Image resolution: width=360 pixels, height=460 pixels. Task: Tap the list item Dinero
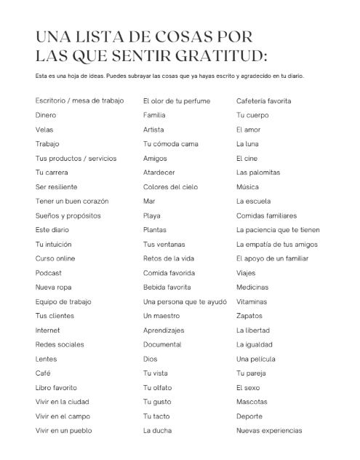[46, 115]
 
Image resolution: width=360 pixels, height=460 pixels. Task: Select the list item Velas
[44, 130]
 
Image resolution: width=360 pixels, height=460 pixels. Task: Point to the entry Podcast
[48, 273]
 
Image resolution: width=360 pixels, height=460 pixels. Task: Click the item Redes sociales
[60, 344]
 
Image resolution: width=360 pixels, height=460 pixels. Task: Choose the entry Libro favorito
[56, 387]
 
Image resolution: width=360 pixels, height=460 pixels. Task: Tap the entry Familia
[154, 115]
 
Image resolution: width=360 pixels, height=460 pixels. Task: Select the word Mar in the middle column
[149, 201]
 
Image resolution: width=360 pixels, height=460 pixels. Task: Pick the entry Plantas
[155, 230]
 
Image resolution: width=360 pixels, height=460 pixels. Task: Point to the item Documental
[162, 344]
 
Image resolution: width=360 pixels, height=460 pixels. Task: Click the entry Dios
[150, 359]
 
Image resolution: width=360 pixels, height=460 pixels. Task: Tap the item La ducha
[157, 431]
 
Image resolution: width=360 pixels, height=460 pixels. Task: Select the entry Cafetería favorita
[264, 100]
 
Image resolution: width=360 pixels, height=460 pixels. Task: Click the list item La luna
[247, 144]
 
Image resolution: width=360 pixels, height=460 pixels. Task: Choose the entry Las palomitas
[258, 172]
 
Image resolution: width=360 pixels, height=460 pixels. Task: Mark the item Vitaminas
[252, 301]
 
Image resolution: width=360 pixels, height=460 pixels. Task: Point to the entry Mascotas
[252, 402]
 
